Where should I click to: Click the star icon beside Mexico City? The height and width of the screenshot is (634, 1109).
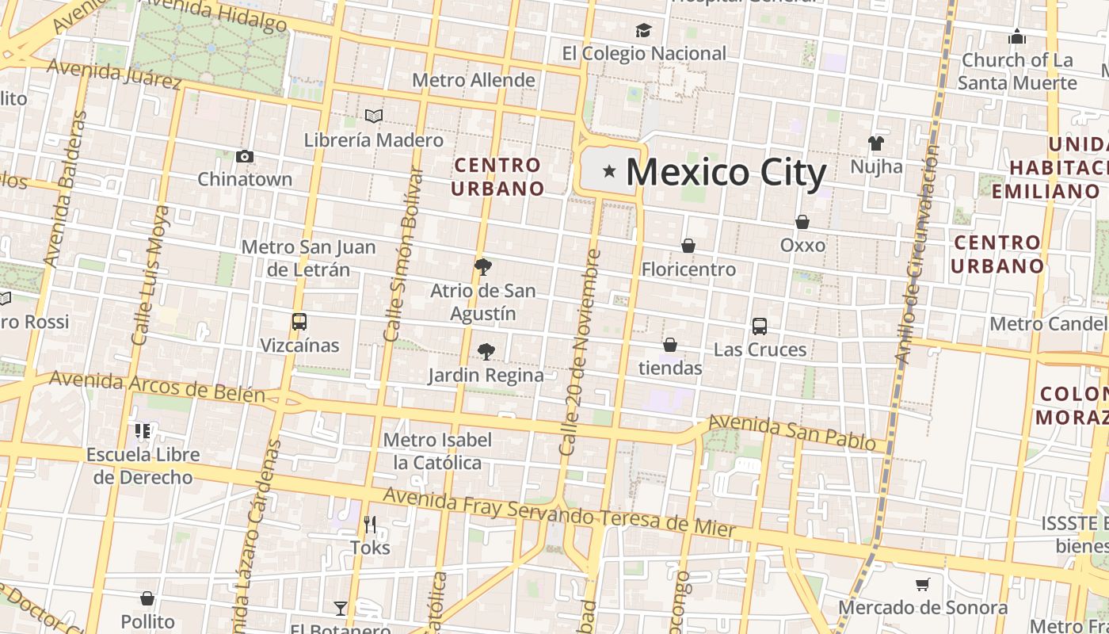pos(609,170)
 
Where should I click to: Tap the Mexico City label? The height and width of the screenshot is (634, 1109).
pos(726,172)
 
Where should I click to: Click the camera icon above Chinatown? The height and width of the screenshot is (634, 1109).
pos(245,156)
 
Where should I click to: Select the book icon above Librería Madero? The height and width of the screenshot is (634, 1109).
pos(374,116)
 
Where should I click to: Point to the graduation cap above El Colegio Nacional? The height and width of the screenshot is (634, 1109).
pos(643,30)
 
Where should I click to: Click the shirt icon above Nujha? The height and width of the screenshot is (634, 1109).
pos(875,143)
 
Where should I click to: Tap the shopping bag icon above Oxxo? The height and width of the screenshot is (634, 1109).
pos(802,222)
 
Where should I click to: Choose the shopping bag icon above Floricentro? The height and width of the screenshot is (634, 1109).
pos(688,246)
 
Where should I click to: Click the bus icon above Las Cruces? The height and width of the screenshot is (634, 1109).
pos(760,326)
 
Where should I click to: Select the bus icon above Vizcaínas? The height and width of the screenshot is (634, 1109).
pos(299,322)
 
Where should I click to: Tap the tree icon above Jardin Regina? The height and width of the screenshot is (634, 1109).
pos(486,351)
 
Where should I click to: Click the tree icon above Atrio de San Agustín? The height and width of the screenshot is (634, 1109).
pos(482,266)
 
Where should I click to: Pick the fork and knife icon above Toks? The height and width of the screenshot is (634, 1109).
pos(370,524)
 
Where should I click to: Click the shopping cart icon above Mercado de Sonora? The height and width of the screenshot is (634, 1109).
pos(922,585)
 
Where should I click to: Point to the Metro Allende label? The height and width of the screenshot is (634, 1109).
pos(474,80)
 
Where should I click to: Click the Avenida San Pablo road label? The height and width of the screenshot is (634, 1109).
pos(791,432)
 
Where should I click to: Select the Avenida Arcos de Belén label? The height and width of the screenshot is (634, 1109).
pos(157,386)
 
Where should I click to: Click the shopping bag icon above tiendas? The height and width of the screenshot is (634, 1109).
pos(670,345)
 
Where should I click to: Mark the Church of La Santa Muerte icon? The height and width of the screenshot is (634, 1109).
pos(1017,36)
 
